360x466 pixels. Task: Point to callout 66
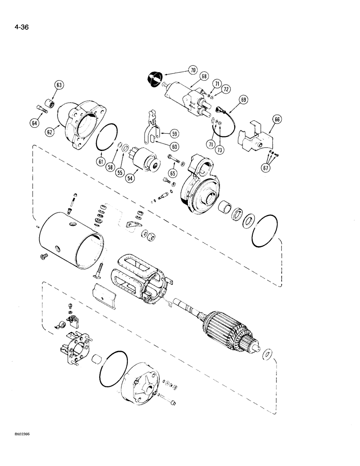click(277, 120)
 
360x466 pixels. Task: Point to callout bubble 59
click(174, 132)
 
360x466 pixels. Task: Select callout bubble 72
click(226, 89)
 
